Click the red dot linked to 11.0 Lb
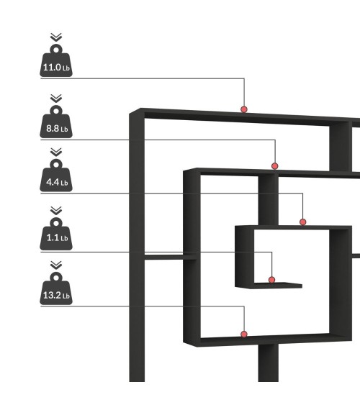coord(244,109)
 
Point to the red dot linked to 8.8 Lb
coord(275,166)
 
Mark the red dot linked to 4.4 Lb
coord(303,222)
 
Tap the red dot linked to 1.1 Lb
coord(271,280)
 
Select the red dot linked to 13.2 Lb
coord(244,335)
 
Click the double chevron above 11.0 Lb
coord(56,37)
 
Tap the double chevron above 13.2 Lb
coord(56,265)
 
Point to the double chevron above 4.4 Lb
coord(56,152)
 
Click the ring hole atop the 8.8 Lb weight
coord(56,111)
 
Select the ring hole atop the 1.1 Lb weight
coord(56,223)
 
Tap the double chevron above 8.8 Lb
coord(56,99)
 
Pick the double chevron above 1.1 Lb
coord(56,211)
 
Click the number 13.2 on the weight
coord(52,295)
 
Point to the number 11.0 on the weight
coord(52,68)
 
